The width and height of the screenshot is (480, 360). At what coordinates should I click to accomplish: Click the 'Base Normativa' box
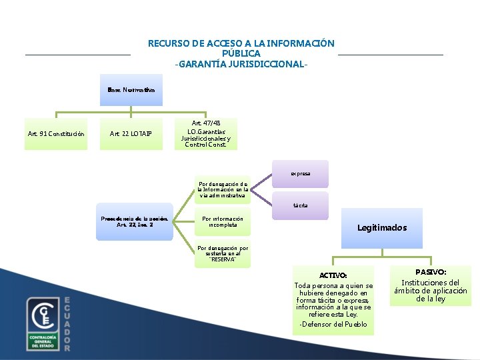coord(131,90)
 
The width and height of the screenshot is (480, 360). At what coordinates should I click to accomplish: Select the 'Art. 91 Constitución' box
coord(56,134)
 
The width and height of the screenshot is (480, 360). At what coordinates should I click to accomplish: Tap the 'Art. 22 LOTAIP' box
coord(131,134)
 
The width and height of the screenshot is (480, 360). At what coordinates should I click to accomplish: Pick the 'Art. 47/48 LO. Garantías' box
coord(206,133)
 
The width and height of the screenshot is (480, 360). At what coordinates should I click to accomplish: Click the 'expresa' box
coord(300,173)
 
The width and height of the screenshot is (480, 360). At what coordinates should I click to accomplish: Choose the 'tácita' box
coord(300,205)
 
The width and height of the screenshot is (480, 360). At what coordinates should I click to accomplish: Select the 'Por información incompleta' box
coord(223,221)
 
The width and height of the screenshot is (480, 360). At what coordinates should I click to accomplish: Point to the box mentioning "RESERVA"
coord(223,254)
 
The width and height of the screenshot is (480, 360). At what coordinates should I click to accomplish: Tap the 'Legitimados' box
coord(381,228)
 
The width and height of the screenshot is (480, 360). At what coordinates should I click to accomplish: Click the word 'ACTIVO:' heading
coord(333,275)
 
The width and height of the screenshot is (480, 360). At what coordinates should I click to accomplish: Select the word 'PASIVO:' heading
coord(431,272)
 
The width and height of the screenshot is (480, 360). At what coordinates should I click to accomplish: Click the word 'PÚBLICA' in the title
coord(241,53)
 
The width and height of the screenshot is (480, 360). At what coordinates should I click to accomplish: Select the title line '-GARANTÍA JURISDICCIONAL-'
coord(241,64)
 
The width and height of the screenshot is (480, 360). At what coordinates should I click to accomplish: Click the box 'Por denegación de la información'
coord(223,189)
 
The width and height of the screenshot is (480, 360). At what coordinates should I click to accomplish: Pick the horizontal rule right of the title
coord(391,55)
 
